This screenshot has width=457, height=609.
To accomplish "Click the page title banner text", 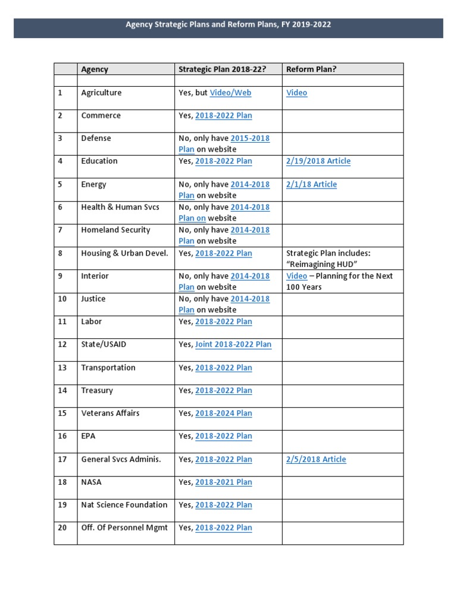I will [x=228, y=25].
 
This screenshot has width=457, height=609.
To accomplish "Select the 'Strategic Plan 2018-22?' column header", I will [x=222, y=69].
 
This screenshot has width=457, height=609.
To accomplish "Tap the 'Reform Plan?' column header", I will [x=311, y=69].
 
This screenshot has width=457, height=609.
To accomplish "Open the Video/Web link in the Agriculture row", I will [x=230, y=93].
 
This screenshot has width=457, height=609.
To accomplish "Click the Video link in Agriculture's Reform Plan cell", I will [x=296, y=93].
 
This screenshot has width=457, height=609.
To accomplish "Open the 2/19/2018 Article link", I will [x=318, y=161].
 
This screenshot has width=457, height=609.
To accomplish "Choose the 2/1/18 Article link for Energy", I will [x=311, y=184].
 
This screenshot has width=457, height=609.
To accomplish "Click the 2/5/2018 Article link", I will [x=316, y=459].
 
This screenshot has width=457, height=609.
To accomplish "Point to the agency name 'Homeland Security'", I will [x=115, y=230].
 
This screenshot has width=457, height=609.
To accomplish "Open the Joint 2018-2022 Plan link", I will [x=233, y=344].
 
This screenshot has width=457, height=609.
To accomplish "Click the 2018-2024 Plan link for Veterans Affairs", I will [x=223, y=413].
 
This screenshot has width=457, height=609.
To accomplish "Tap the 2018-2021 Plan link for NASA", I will [x=223, y=482].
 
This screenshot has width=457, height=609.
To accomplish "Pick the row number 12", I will [x=62, y=344].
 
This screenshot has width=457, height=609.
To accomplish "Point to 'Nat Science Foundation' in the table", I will [x=124, y=505].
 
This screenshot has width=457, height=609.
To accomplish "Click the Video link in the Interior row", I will [x=296, y=276].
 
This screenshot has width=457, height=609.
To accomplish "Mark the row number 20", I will [x=62, y=528].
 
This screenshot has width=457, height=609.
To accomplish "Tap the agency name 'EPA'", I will [x=88, y=436].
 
